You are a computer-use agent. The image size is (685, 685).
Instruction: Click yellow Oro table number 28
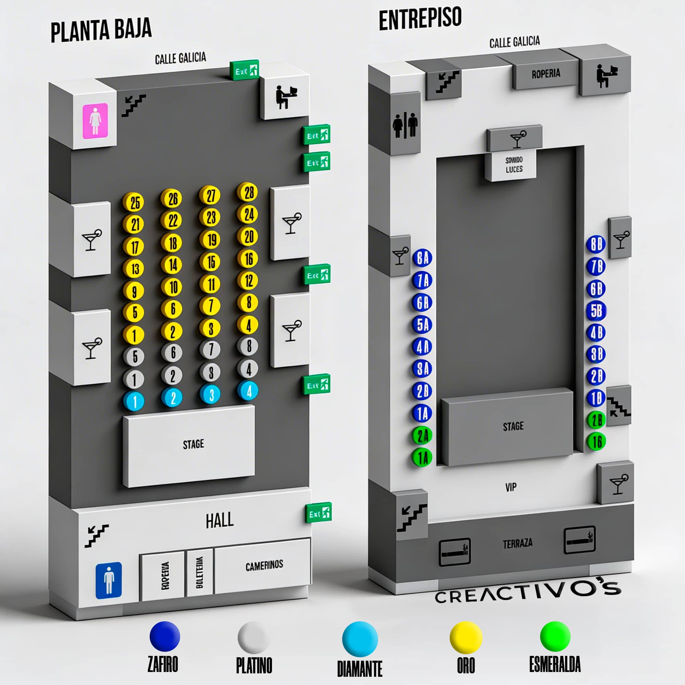pyautogui.click(x=249, y=192)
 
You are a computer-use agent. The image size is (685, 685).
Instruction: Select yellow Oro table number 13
pyautogui.click(x=134, y=269)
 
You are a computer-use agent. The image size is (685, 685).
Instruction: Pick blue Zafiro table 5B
pyautogui.click(x=596, y=311)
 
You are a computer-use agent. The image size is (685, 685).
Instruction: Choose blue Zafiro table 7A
pyautogui.click(x=422, y=281)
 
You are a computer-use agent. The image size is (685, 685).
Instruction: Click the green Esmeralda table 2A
pyautogui.click(x=422, y=435)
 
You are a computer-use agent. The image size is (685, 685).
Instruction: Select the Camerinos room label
pyautogui.click(x=264, y=565)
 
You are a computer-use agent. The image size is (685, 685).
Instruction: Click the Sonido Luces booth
pyautogui.click(x=514, y=165)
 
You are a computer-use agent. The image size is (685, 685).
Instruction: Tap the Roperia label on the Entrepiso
pyautogui.click(x=546, y=74)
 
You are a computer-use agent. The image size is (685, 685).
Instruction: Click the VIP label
pyautogui.click(x=511, y=487)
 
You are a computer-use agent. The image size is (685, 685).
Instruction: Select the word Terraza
pyautogui.click(x=517, y=543)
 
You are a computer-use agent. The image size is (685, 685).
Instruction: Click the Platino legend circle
pyautogui.click(x=253, y=637)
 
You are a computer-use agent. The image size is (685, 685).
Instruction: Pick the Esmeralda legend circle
pyautogui.click(x=555, y=636)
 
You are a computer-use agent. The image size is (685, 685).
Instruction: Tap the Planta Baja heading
pyautogui.click(x=101, y=30)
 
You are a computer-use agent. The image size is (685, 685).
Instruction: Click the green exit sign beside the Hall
pyautogui.click(x=318, y=513)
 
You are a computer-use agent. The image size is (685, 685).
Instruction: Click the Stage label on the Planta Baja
pyautogui.click(x=193, y=444)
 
